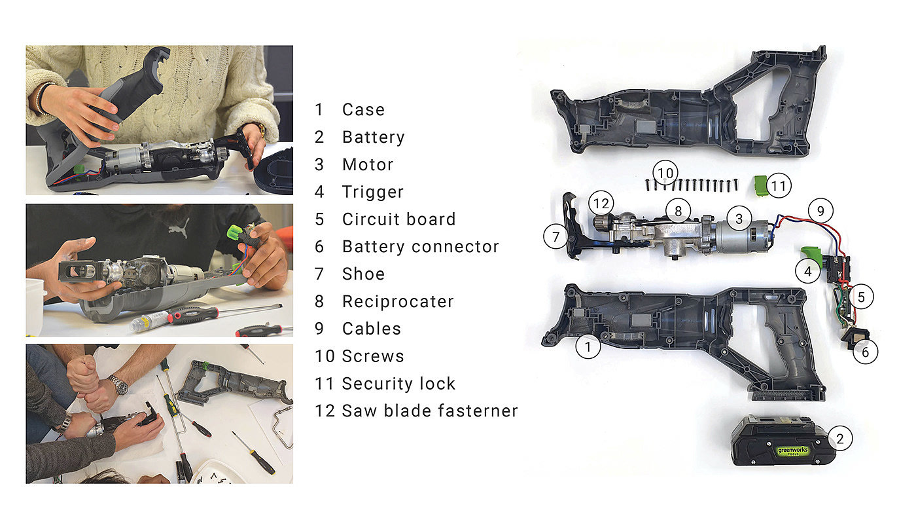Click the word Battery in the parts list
[374, 137]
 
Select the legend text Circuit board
[398, 219]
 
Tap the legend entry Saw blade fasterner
[430, 411]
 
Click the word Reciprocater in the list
[398, 302]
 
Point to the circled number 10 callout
[665, 173]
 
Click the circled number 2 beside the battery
[840, 439]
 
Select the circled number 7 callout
[555, 236]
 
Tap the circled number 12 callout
[601, 204]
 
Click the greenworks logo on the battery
[792, 451]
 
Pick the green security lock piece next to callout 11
[760, 186]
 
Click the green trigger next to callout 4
[811, 257]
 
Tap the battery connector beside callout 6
[854, 339]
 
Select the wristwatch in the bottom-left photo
[118, 385]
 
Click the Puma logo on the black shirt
[180, 227]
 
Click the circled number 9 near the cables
[820, 211]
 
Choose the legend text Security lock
[398, 384]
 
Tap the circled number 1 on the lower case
[588, 346]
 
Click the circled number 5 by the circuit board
[861, 297]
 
